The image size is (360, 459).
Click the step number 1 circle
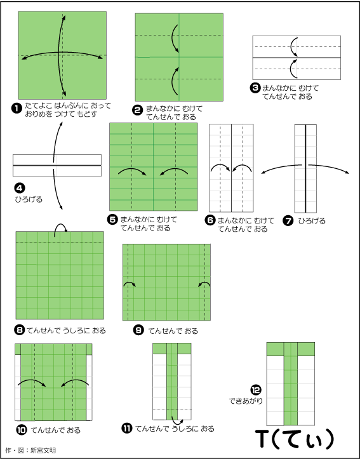coord(17,109)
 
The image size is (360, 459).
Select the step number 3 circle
coord(255,88)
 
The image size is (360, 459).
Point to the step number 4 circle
coord(19,188)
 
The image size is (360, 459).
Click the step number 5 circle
coord(112,220)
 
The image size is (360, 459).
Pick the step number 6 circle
coord(210,220)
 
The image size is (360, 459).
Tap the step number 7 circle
coord(288,221)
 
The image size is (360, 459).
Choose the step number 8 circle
coord(19,331)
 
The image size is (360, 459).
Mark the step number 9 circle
coord(138,331)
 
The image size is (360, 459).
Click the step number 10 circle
coord(22,430)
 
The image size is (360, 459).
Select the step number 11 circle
coord(126,429)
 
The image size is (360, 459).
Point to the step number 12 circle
coord(255,390)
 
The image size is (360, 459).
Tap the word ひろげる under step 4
coord(29,199)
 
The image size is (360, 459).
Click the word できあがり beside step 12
coord(246,401)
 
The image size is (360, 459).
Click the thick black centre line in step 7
coord(305,169)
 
